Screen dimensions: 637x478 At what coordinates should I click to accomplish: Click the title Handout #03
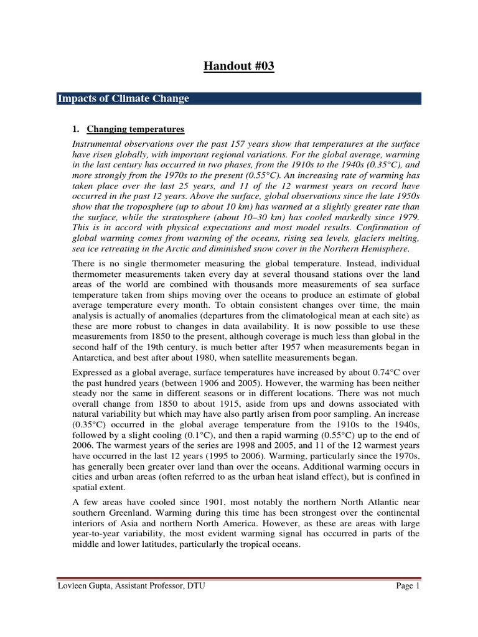239,67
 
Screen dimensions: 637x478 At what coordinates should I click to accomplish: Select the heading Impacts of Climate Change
123,99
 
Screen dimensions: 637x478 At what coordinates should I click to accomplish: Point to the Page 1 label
408,585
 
